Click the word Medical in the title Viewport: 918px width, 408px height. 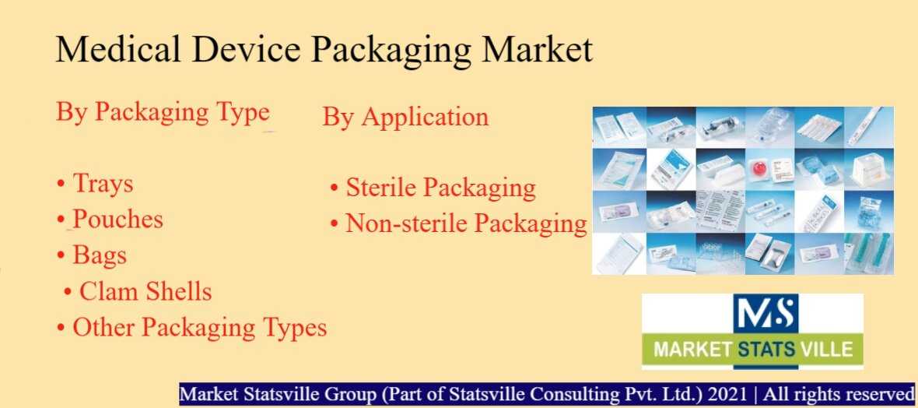click(x=117, y=48)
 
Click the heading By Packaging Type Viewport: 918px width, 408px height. click(x=163, y=113)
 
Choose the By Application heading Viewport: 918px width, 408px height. click(x=405, y=118)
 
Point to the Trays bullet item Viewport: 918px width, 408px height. click(x=103, y=184)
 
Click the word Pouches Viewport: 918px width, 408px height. click(x=117, y=220)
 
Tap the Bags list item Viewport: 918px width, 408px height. click(x=100, y=256)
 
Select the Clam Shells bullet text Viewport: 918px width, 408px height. click(x=145, y=291)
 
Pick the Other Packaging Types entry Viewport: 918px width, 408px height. click(x=200, y=328)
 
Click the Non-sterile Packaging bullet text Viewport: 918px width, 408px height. click(x=466, y=223)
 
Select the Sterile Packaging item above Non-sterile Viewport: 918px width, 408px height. click(x=441, y=188)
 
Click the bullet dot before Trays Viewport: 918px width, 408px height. click(x=61, y=185)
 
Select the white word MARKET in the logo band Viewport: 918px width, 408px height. click(x=692, y=350)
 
